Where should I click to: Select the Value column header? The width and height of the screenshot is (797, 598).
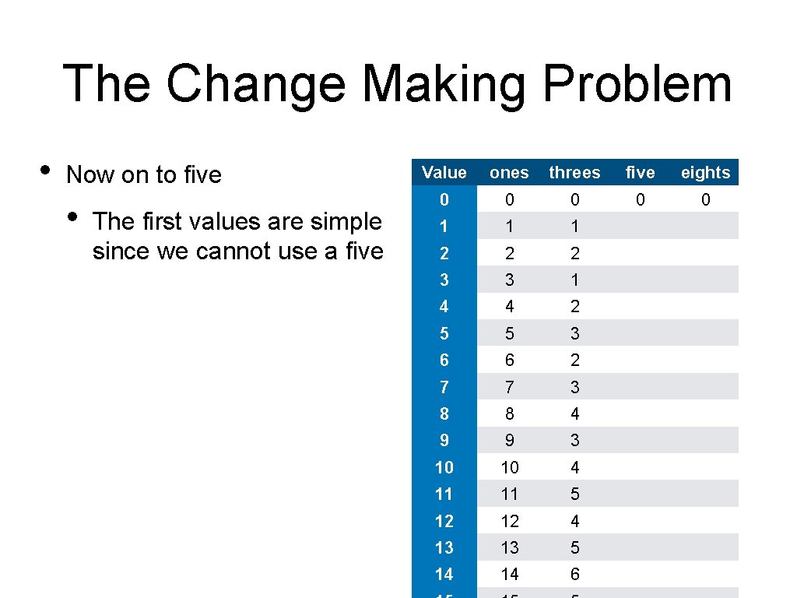click(444, 173)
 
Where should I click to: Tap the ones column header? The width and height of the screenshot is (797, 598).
click(509, 173)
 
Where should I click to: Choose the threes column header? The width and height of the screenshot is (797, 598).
click(574, 173)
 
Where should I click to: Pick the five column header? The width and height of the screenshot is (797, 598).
click(640, 173)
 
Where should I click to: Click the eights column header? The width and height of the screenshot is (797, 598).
click(705, 173)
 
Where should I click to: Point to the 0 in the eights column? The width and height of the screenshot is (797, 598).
click(705, 200)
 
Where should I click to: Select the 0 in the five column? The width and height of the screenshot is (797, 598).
click(640, 200)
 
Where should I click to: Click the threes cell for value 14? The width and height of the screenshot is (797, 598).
click(574, 575)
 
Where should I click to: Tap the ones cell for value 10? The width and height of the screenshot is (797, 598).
click(509, 467)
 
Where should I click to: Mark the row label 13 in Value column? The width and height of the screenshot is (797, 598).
click(444, 547)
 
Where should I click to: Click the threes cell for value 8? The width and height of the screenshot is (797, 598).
click(574, 413)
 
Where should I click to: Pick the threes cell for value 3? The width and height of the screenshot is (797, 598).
click(574, 280)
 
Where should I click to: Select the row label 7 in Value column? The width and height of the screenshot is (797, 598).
click(444, 387)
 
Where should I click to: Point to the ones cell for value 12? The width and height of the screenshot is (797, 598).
click(509, 521)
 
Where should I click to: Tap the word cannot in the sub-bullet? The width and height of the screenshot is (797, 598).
click(234, 252)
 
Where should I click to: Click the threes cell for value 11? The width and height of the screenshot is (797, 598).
click(574, 494)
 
